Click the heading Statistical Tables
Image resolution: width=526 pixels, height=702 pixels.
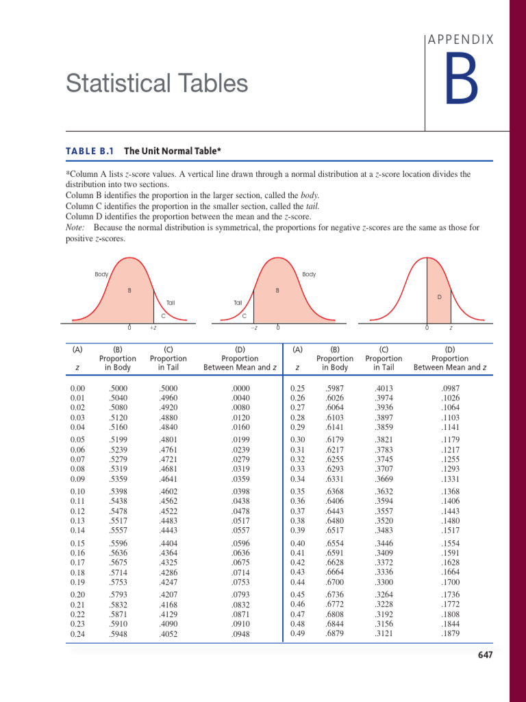(x=157, y=84)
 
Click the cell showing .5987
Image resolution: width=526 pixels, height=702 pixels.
(x=334, y=389)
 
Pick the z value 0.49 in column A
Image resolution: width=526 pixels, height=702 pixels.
(x=297, y=634)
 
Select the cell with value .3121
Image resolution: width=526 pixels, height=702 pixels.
(x=384, y=634)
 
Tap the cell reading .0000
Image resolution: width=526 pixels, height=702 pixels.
(x=240, y=389)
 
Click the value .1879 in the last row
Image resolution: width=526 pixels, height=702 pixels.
(x=450, y=634)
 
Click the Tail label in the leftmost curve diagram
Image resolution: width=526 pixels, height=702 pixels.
(x=171, y=302)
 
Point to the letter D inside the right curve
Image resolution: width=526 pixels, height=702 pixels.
(x=439, y=297)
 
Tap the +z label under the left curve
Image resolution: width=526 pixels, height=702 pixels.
(x=153, y=328)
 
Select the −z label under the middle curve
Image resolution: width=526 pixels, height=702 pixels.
(x=253, y=328)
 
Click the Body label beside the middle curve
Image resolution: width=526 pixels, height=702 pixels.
(x=309, y=274)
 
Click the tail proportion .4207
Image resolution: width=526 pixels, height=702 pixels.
(x=168, y=594)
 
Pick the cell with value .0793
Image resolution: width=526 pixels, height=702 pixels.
(x=240, y=594)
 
